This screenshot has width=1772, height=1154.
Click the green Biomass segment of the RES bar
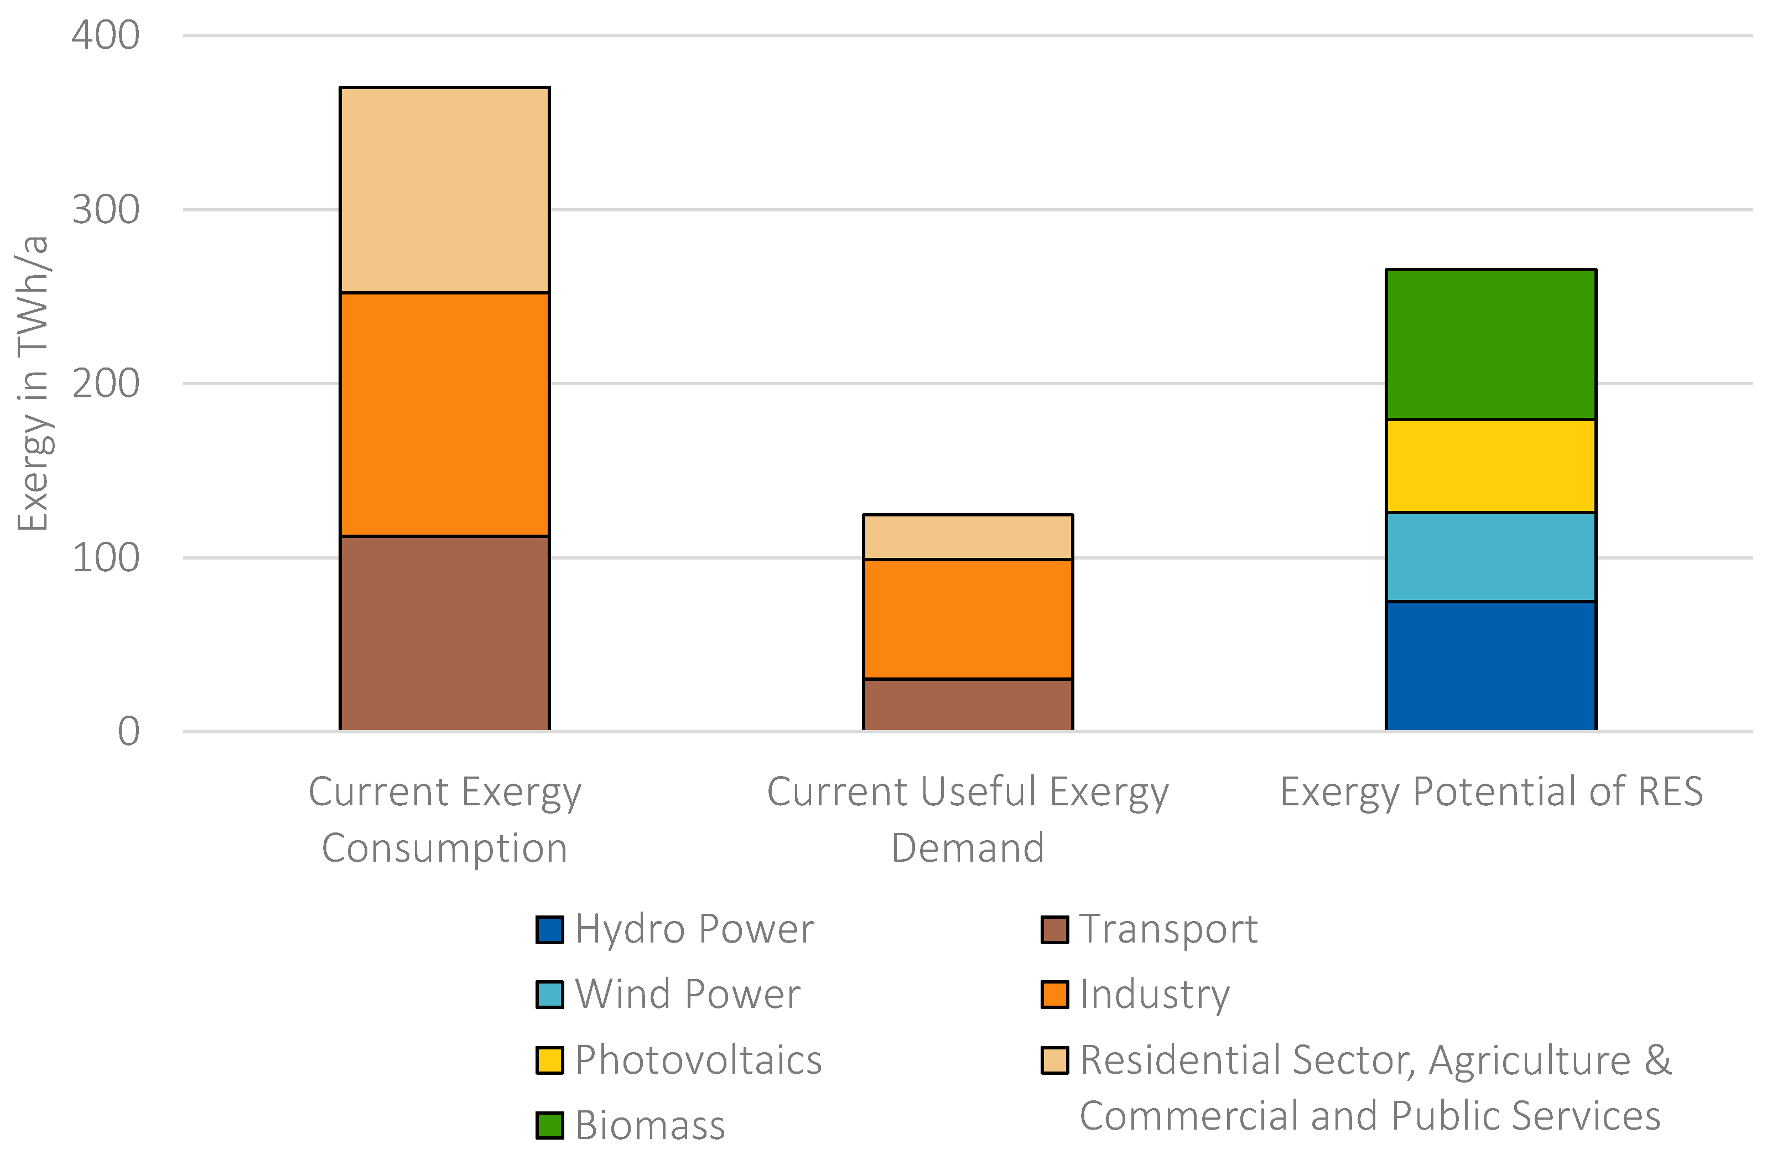[1490, 344]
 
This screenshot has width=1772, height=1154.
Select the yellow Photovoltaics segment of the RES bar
[1490, 465]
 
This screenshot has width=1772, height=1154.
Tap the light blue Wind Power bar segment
[1490, 556]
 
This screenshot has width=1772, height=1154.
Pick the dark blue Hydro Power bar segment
[1490, 665]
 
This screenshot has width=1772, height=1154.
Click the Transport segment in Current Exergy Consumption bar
[444, 633]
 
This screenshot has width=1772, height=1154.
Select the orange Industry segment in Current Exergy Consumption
[444, 414]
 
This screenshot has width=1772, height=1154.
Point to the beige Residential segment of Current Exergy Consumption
[444, 190]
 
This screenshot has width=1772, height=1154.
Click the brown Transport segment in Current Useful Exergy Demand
[968, 704]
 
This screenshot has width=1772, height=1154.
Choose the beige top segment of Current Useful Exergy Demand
[968, 536]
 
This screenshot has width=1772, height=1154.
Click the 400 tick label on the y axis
[105, 35]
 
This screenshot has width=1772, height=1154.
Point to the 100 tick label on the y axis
[105, 558]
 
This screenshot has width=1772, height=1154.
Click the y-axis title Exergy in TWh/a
[33, 384]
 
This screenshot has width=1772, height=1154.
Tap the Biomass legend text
[650, 1126]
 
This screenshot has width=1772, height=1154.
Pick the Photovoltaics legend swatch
[549, 1060]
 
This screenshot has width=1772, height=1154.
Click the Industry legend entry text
[1155, 995]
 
